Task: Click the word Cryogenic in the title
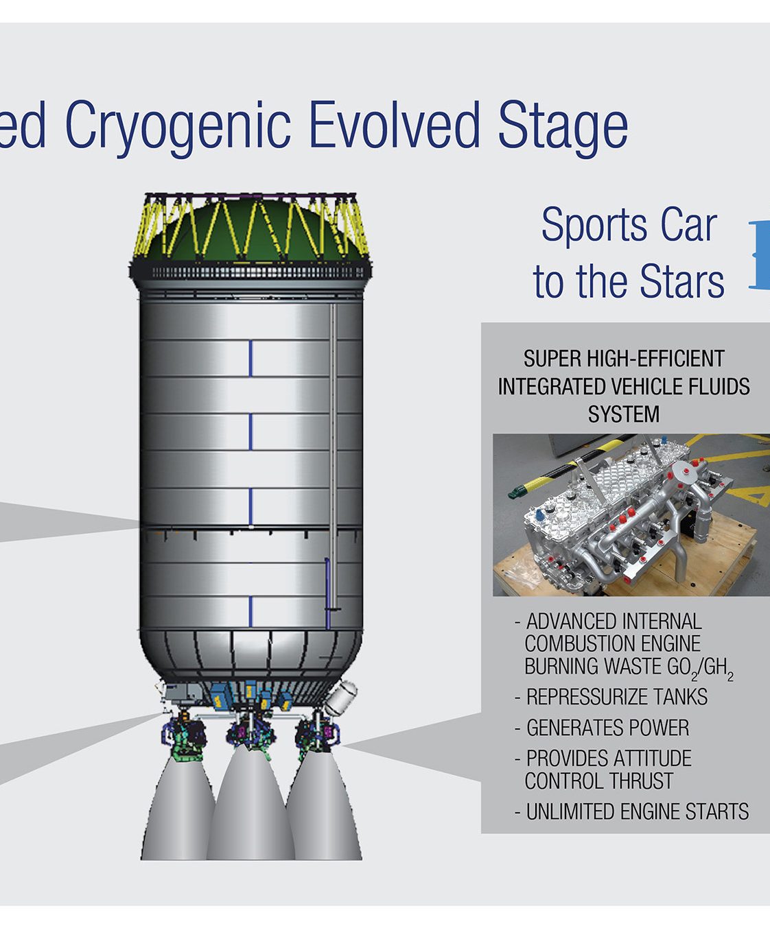point(178,128)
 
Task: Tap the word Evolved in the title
point(395,124)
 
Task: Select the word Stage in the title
point(563,129)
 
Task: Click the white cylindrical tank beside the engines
point(341,698)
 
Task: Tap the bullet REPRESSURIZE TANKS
point(611,697)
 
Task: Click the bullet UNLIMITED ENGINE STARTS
point(632,812)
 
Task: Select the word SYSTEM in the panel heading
point(624,415)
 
